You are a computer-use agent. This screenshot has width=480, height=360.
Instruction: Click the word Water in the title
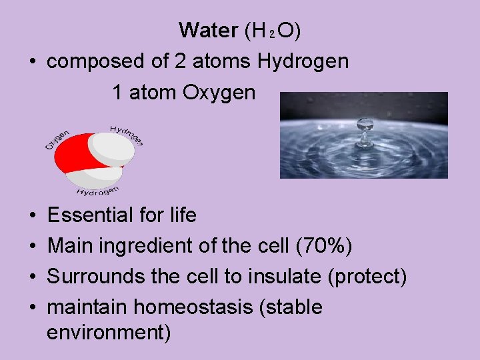(x=208, y=30)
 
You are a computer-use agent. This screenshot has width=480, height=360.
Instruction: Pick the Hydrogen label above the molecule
(x=127, y=134)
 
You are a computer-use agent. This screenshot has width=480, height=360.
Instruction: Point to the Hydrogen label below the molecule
(x=97, y=192)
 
